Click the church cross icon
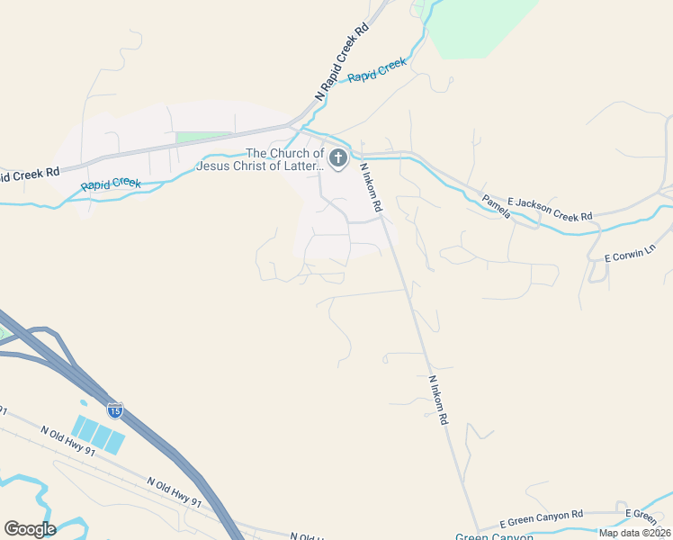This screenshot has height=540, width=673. pyautogui.click(x=337, y=159)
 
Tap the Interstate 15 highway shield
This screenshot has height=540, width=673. pyautogui.click(x=115, y=410)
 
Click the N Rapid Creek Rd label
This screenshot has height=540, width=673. pyautogui.click(x=342, y=61)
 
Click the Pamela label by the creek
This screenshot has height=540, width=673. pyautogui.click(x=496, y=206)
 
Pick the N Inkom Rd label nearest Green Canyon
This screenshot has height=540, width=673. pyautogui.click(x=438, y=400)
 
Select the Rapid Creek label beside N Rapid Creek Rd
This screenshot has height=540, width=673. pyautogui.click(x=377, y=70)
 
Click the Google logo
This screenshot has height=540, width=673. pyautogui.click(x=30, y=529)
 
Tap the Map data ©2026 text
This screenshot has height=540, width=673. pyautogui.click(x=634, y=533)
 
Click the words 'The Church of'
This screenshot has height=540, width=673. pyautogui.click(x=284, y=154)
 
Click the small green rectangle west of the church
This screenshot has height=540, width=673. pyautogui.click(x=203, y=137)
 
